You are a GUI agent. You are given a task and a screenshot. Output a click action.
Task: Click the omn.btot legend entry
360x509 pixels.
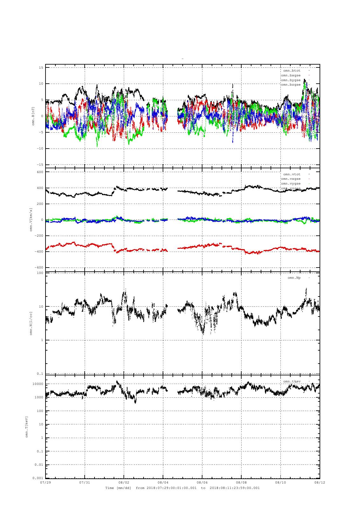(292, 70)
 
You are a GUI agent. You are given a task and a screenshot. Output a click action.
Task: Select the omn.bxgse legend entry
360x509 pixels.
(291, 75)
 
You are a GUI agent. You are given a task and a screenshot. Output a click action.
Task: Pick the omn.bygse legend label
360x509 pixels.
(291, 80)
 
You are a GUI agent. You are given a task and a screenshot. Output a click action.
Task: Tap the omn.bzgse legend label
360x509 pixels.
(291, 85)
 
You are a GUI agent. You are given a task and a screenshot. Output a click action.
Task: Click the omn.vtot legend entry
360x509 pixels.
(292, 174)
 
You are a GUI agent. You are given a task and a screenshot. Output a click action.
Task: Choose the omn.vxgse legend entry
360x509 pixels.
(291, 179)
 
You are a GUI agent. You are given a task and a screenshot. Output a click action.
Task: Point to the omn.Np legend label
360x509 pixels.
(294, 278)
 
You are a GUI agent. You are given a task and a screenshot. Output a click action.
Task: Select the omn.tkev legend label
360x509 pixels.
(292, 381)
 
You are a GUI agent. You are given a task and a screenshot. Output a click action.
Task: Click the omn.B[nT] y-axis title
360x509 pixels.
(33, 116)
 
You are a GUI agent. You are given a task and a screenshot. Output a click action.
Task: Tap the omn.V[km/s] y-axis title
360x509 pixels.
(31, 220)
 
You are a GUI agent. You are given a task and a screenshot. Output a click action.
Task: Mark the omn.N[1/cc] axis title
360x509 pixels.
(31, 323)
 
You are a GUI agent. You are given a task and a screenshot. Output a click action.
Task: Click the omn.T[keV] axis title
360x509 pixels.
(27, 427)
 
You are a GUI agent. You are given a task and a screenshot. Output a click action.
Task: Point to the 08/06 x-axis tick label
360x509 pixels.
(202, 482)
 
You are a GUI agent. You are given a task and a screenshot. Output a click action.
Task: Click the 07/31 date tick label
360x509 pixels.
(85, 482)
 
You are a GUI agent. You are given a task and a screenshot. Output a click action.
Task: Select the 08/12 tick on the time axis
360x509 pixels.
(320, 482)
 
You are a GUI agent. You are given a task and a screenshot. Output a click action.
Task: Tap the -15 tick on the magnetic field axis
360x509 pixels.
(40, 165)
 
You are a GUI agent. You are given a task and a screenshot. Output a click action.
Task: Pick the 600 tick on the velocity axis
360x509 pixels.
(39, 172)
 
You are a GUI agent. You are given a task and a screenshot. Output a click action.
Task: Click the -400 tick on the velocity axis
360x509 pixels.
(39, 252)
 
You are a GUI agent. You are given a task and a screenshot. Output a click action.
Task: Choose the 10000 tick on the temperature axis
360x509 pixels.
(38, 384)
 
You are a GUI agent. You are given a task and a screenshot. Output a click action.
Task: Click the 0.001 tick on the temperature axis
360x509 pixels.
(38, 478)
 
